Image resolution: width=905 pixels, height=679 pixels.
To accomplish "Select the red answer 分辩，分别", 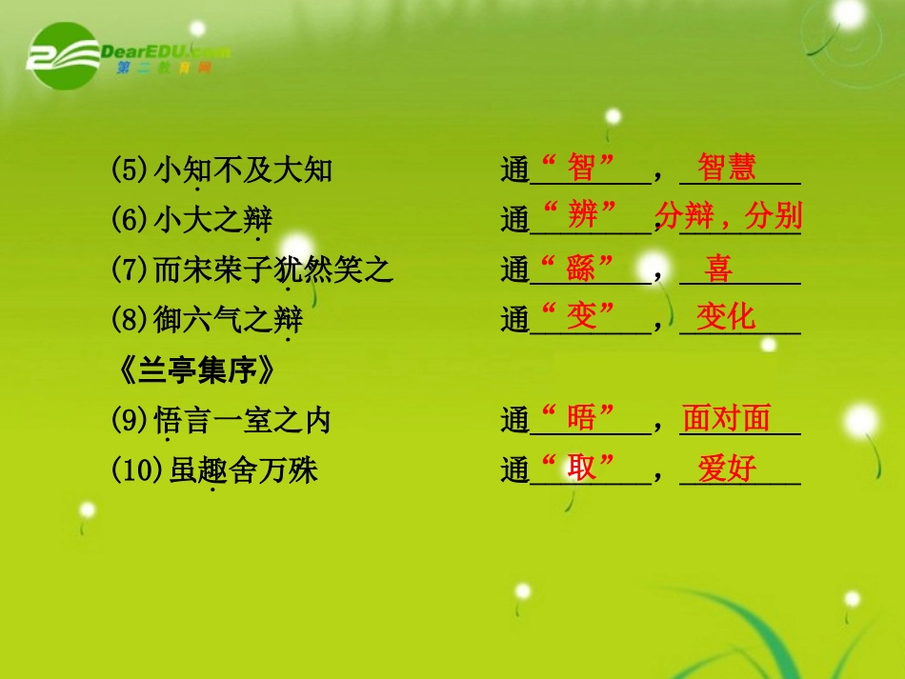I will pos(729,216).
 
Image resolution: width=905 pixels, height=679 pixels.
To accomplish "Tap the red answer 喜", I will pos(719,269).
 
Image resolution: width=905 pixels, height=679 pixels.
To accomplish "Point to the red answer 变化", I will pos(726,316).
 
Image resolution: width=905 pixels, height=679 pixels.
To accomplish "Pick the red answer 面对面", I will pos(726,418).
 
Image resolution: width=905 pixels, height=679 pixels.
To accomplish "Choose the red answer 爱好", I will pos(727,469).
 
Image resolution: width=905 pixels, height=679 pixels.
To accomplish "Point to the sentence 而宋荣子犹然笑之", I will pos(273,270).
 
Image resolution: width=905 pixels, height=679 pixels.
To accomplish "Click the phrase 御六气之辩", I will pos(229,320).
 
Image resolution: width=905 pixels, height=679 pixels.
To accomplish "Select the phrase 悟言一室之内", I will pos(242,420).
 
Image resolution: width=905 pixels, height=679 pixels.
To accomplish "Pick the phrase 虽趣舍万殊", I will pos(243,470).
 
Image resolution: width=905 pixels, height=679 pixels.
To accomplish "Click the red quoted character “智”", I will pos(580,168).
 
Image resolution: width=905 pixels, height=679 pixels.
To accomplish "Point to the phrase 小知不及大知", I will pos(243,170).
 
